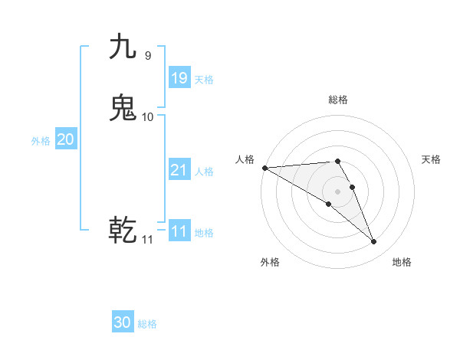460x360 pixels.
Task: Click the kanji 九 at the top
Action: pyautogui.click(x=123, y=47)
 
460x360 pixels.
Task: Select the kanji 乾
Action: pyautogui.click(x=123, y=230)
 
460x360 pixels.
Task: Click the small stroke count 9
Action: pyautogui.click(x=147, y=55)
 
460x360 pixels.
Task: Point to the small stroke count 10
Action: pyautogui.click(x=148, y=116)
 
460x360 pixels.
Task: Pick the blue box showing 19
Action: pyautogui.click(x=179, y=77)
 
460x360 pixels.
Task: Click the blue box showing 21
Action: pyautogui.click(x=179, y=170)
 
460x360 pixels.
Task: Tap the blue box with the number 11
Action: pyautogui.click(x=179, y=231)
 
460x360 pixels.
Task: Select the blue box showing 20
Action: pyautogui.click(x=66, y=139)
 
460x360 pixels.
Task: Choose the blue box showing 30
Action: pyautogui.click(x=123, y=322)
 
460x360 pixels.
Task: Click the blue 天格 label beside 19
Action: pyautogui.click(x=204, y=80)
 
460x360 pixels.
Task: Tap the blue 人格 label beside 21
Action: pyautogui.click(x=204, y=172)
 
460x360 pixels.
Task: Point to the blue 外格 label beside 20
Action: pyautogui.click(x=41, y=141)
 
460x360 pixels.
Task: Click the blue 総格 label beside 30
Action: pyautogui.click(x=147, y=324)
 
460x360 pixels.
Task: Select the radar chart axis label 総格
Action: pyautogui.click(x=337, y=100)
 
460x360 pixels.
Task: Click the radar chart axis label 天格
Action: pyautogui.click(x=432, y=159)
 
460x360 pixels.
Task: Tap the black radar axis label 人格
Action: pyautogui.click(x=245, y=159)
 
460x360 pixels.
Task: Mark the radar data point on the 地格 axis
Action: pyautogui.click(x=374, y=242)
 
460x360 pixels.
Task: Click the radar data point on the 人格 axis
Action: pyautogui.click(x=264, y=168)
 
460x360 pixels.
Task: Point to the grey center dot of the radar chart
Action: pyautogui.click(x=338, y=191)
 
